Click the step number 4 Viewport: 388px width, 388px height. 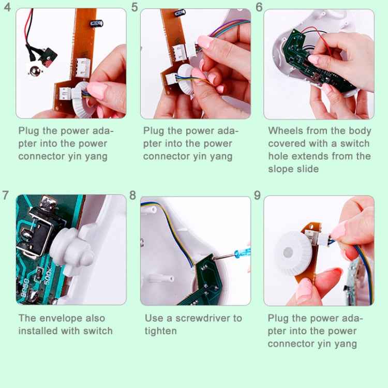tap(7, 7)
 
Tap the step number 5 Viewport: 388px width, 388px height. tap(135, 7)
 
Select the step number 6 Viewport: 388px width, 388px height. tap(259, 7)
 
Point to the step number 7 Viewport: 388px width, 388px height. tap(6, 195)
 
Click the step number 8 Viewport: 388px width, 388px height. tap(132, 195)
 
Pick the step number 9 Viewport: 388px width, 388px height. tap(257, 195)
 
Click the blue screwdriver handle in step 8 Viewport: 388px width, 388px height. tap(243, 253)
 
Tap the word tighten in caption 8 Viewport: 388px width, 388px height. tap(161, 331)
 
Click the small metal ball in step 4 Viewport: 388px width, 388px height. tap(35, 71)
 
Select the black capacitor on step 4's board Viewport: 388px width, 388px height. tap(96, 23)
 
